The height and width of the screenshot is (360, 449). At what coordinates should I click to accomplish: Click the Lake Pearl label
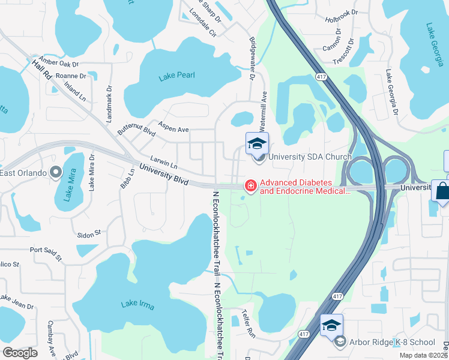(x=178, y=76)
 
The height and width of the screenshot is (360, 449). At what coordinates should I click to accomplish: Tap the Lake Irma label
(x=137, y=305)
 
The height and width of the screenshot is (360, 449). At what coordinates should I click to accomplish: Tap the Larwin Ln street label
(x=164, y=163)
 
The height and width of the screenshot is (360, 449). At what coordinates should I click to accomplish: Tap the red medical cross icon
(x=249, y=187)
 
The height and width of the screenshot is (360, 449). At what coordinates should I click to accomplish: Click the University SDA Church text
(x=309, y=157)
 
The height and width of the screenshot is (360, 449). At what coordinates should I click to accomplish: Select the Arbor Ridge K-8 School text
(x=393, y=342)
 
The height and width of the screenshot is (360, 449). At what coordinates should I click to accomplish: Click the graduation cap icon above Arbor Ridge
(x=331, y=325)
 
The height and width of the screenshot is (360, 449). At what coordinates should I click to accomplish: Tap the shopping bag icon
(x=441, y=191)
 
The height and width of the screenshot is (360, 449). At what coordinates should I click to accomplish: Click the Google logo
(x=20, y=353)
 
